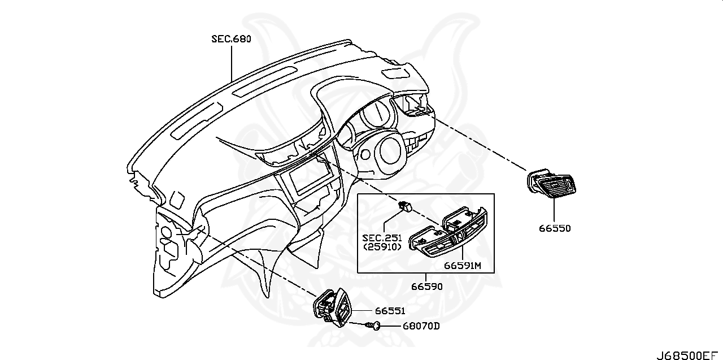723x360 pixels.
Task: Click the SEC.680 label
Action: (231, 39)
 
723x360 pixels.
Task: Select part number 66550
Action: (554, 228)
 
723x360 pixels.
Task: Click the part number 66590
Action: (426, 287)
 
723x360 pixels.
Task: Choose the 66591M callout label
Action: (461, 265)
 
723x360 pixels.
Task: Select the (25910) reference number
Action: (383, 247)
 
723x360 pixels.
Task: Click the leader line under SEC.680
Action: (231, 62)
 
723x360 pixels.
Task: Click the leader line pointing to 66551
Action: (361, 311)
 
